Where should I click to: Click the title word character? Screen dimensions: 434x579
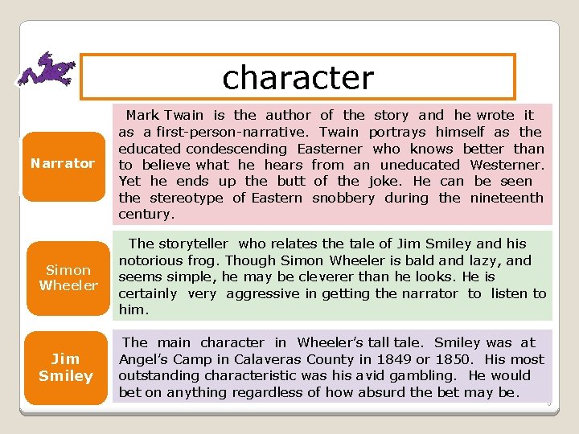298,77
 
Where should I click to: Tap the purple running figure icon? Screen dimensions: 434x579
47,69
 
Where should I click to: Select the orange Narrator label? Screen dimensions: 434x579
63,163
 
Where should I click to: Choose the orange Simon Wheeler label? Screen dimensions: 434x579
68,277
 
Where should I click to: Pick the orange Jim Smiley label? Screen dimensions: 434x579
66,368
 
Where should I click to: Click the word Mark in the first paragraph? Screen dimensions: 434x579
142,116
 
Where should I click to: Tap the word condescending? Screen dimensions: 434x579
236,149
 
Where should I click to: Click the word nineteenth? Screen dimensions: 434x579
507,198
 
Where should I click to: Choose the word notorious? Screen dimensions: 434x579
149,260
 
